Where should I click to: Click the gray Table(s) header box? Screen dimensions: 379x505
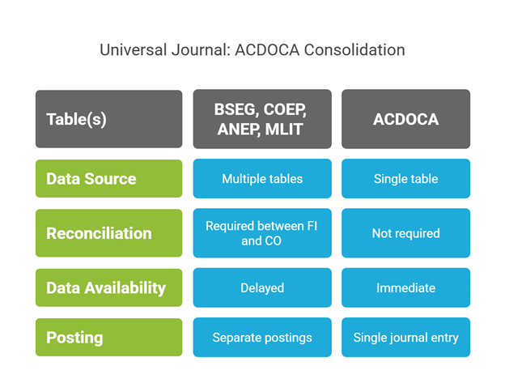point(108,119)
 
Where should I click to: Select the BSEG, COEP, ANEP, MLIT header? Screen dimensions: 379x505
point(262,119)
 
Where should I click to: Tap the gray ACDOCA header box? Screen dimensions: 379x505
point(405,119)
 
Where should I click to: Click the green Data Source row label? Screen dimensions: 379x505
point(108,178)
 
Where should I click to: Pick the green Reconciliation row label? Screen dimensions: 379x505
point(108,233)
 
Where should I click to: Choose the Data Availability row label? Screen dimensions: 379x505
point(108,287)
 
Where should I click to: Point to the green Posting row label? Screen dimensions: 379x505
point(108,337)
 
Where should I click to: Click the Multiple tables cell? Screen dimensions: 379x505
point(262,178)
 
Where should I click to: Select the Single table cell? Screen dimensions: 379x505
point(405,178)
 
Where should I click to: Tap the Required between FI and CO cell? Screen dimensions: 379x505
point(262,233)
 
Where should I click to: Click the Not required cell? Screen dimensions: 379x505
point(405,233)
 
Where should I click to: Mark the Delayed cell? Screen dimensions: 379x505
point(262,287)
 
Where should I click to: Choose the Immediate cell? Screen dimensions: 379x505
point(405,287)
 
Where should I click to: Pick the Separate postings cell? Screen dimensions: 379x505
point(262,337)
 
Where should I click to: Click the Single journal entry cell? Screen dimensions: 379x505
point(405,337)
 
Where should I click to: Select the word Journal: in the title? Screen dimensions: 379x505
point(201,49)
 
